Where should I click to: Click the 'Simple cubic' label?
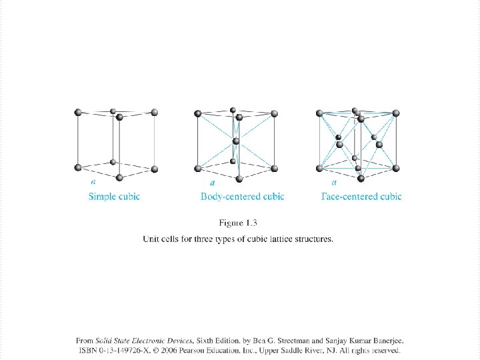[x=114, y=197]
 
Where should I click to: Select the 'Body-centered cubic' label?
[x=242, y=197]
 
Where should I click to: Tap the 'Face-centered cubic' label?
[x=361, y=197]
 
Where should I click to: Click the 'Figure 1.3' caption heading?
[x=238, y=223]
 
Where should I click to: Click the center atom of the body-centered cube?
[x=236, y=141]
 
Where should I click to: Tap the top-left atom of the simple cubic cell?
[x=78, y=112]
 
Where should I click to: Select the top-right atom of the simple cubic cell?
[x=155, y=112]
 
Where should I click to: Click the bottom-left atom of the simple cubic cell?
[x=78, y=167]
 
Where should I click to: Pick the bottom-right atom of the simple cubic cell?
[x=155, y=169]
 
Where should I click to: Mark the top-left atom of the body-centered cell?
[x=197, y=113]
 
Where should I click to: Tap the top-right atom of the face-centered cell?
[x=396, y=113]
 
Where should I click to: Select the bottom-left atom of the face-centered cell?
[x=320, y=168]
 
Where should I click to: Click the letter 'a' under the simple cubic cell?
[x=93, y=181]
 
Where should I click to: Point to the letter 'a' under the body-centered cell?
[x=212, y=182]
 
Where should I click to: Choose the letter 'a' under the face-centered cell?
[x=333, y=181]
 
